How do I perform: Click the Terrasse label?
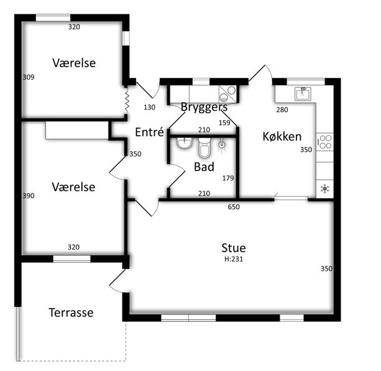pos(71,312)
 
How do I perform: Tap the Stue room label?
pos(234,248)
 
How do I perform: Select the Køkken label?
pos(282,136)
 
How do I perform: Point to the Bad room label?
pos(204,167)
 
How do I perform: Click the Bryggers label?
pos(204,107)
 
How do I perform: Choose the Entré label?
pos(149,132)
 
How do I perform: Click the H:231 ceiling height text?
pos(234,259)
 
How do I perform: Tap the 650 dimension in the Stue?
pos(234,207)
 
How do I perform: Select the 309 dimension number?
pos(29,77)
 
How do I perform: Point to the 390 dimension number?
pos(29,196)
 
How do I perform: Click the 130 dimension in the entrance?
pos(149,107)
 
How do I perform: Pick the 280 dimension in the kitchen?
pos(282,110)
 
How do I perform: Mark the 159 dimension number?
pos(224,123)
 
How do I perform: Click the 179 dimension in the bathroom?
pos(228,178)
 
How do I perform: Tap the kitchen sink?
pos(303,93)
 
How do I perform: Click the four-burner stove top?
pos(325,142)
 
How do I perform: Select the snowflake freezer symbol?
pos(324,189)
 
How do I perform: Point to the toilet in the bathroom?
pos(204,148)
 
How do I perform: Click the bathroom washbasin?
pos(185,143)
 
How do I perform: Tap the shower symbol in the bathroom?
pos(222,145)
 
